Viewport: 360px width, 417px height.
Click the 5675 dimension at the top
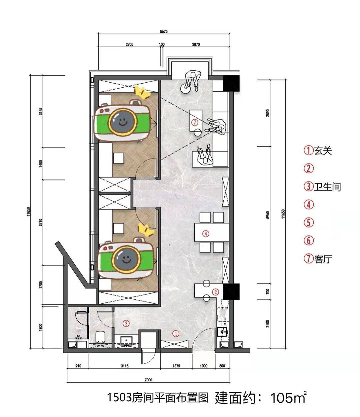coord(164,31)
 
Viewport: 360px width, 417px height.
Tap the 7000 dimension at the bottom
coord(148,380)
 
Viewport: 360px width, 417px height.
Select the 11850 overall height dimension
coord(28,211)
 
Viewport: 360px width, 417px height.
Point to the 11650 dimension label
coord(283,214)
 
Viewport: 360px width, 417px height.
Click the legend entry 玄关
coord(323,151)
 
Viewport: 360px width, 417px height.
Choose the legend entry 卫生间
coord(327,187)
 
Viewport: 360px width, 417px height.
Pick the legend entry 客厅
coord(323,259)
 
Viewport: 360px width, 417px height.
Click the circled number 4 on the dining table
coord(206,233)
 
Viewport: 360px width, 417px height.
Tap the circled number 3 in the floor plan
coord(126,323)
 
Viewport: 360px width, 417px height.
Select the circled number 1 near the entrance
coord(176,333)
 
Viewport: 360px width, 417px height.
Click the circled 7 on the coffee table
coord(195,122)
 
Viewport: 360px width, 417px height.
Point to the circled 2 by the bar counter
coord(216,292)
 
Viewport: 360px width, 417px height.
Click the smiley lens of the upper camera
coord(122,122)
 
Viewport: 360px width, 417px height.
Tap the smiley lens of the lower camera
coord(126,259)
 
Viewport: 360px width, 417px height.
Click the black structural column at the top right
coord(231,83)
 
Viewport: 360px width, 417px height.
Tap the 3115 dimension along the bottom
coord(125,366)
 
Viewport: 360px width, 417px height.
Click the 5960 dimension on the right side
coord(268,215)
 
